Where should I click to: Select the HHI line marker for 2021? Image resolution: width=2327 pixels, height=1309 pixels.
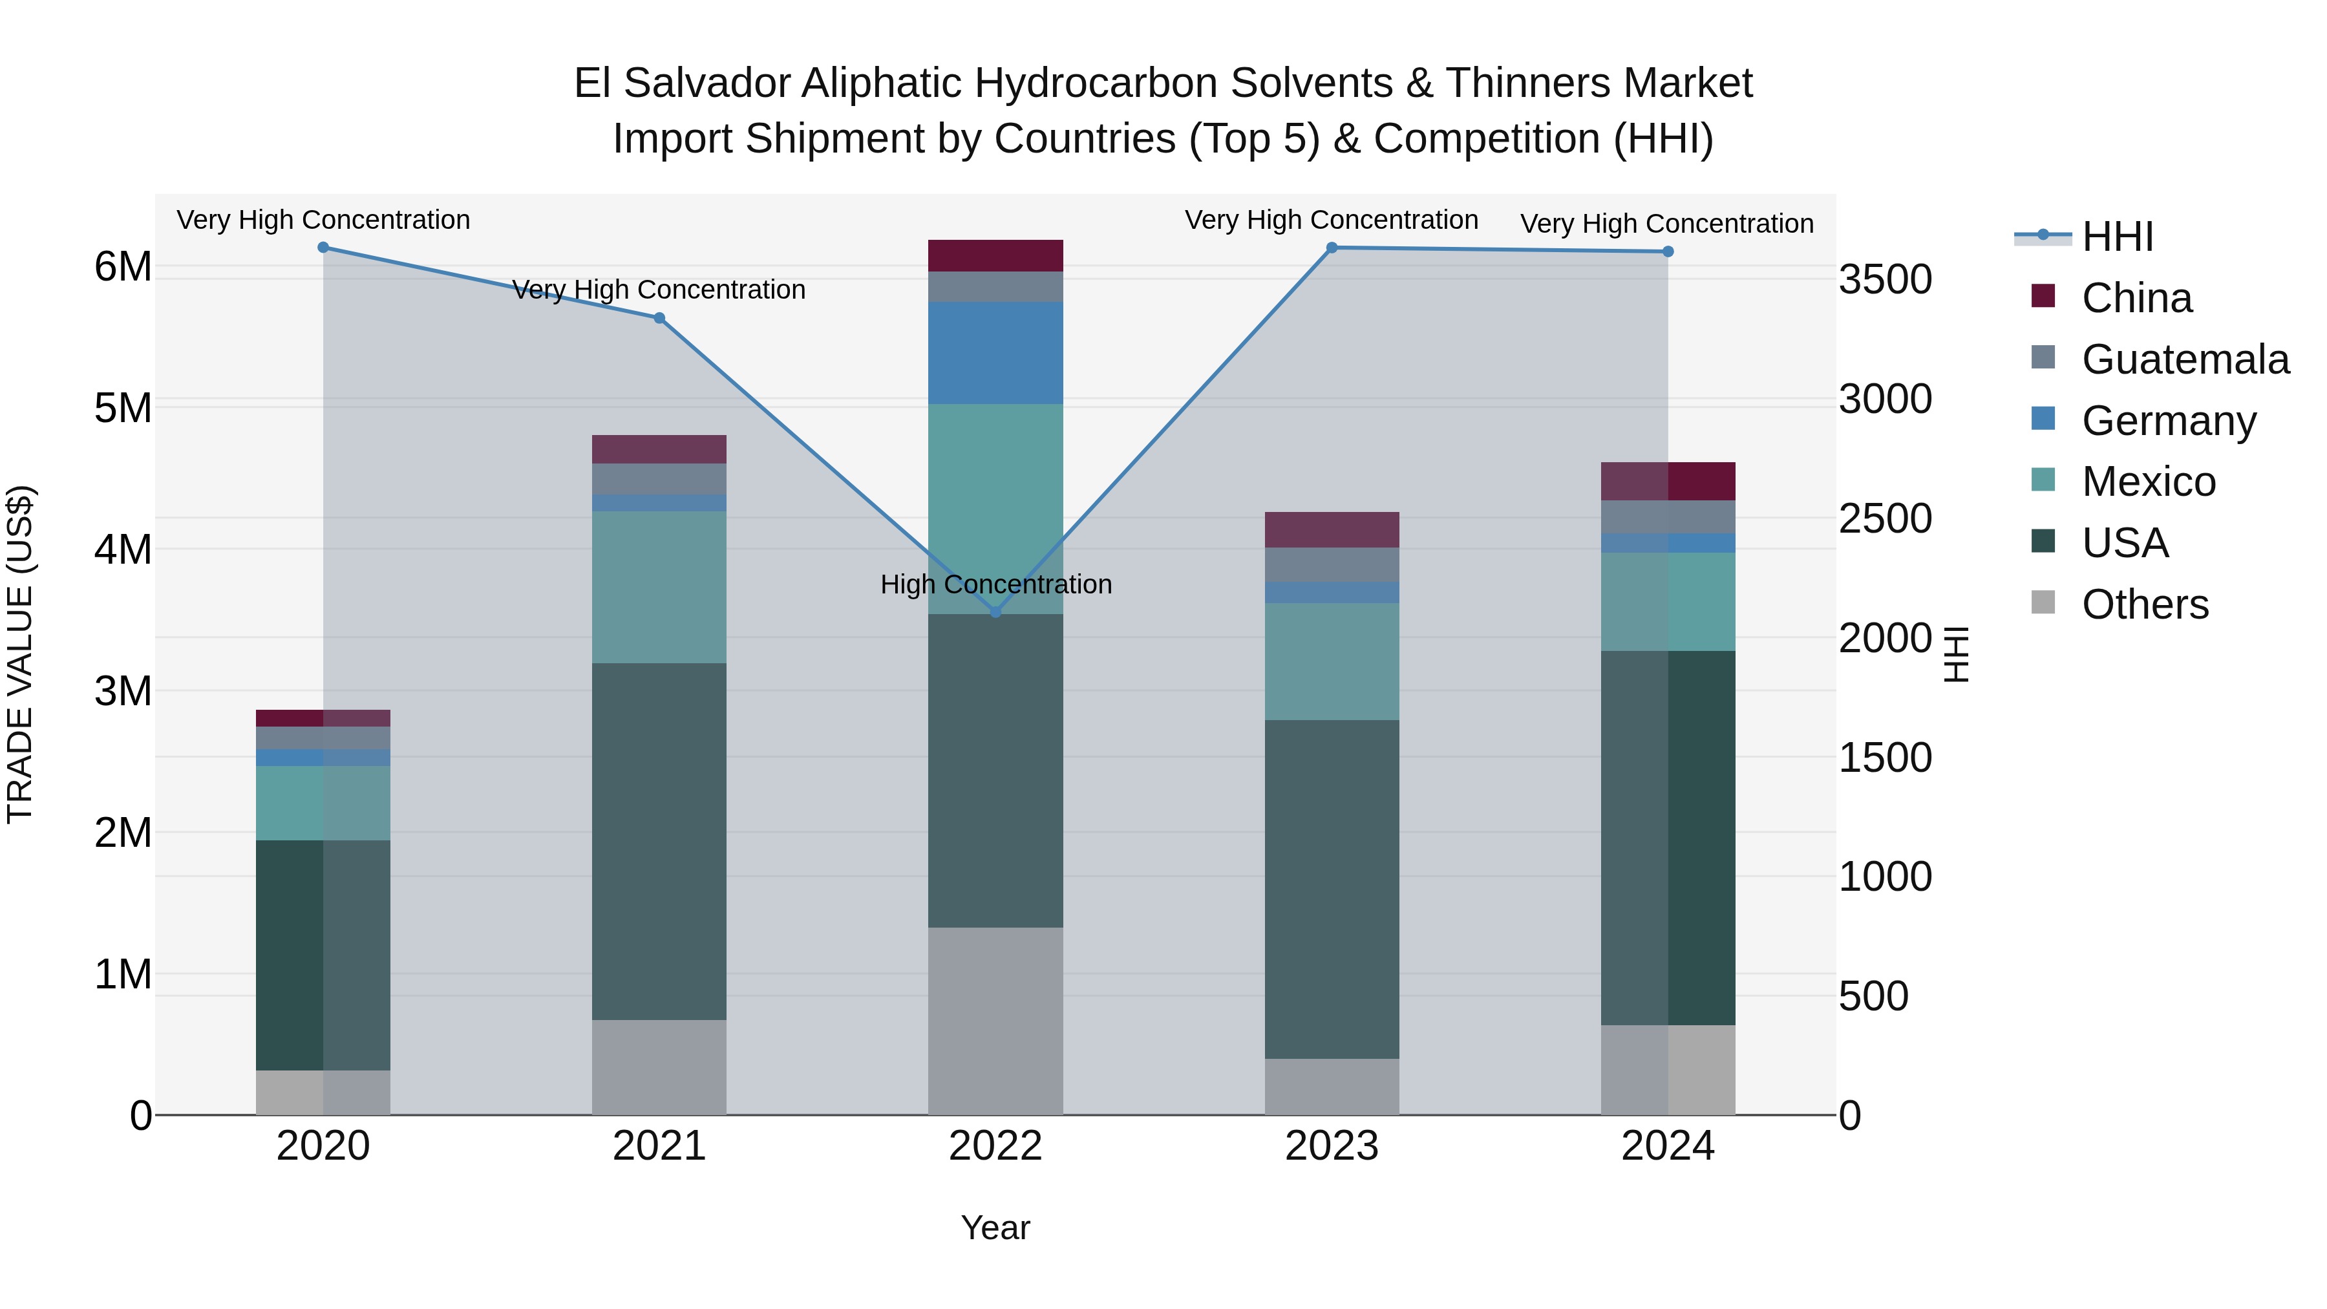[659, 318]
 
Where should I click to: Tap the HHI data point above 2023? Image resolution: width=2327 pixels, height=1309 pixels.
[1332, 248]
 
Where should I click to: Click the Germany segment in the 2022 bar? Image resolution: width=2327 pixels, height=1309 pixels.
[995, 353]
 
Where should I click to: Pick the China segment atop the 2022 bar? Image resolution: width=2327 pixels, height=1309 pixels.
[995, 255]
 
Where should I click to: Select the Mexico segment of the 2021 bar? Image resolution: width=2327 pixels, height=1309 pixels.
[659, 587]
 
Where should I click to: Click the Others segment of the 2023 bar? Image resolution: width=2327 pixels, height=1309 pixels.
[1332, 1087]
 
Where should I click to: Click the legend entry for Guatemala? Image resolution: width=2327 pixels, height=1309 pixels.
[2184, 359]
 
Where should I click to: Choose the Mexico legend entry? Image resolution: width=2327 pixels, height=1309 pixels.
[2148, 482]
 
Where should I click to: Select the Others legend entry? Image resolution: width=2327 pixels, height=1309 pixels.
[2145, 604]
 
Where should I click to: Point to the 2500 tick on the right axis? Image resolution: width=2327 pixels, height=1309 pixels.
[1886, 518]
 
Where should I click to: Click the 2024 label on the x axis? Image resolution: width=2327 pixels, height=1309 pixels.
[1668, 1146]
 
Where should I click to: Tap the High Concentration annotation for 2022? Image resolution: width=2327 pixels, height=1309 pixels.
[995, 584]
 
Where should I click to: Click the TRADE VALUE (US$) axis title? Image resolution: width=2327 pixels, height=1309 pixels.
[20, 654]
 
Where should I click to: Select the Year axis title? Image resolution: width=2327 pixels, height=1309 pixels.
[995, 1228]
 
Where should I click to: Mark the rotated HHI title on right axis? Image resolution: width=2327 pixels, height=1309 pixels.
[1956, 654]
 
